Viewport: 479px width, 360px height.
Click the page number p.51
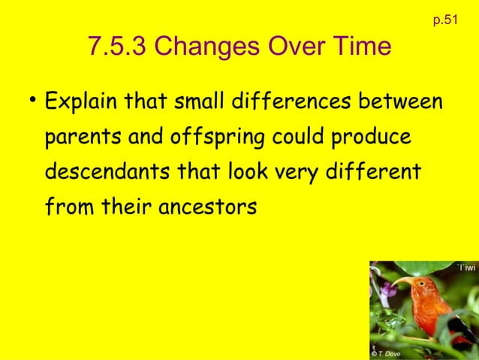click(445, 20)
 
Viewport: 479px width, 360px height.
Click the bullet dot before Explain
click(32, 100)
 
